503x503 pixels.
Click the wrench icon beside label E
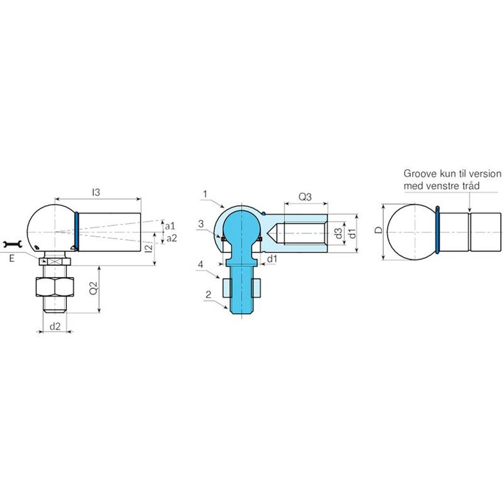point(12,244)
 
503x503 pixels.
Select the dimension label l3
point(96,192)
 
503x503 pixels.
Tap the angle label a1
point(170,226)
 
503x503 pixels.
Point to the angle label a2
point(172,238)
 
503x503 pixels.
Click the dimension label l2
point(149,248)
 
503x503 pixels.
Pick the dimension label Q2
point(94,288)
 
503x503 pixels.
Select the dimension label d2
point(55,326)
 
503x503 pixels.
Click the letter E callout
point(12,258)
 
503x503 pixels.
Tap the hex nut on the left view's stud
point(54,286)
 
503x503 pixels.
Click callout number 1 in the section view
point(205,194)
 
